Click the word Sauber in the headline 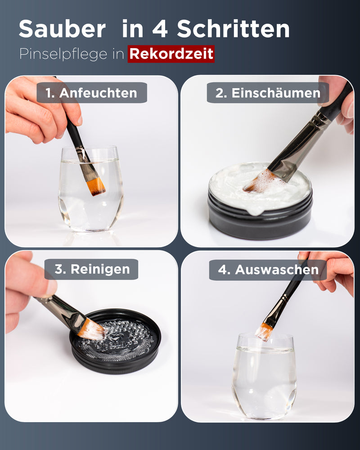coord(62,30)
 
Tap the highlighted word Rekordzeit coord(171,54)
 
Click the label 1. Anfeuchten coord(92,93)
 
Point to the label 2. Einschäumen coord(268,93)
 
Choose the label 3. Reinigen coord(92,269)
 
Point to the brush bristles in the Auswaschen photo coord(264,331)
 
